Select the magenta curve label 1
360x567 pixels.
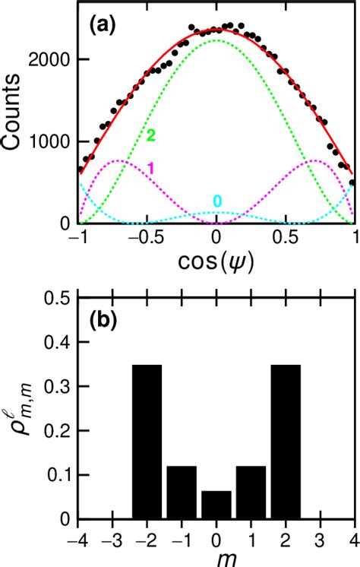[x=150, y=169]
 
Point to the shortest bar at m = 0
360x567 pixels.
[x=216, y=505]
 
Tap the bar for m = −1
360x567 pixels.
[x=182, y=493]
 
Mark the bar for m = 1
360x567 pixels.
[x=251, y=493]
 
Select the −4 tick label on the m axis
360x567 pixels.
[x=76, y=537]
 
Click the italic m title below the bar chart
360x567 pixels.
[x=216, y=558]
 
